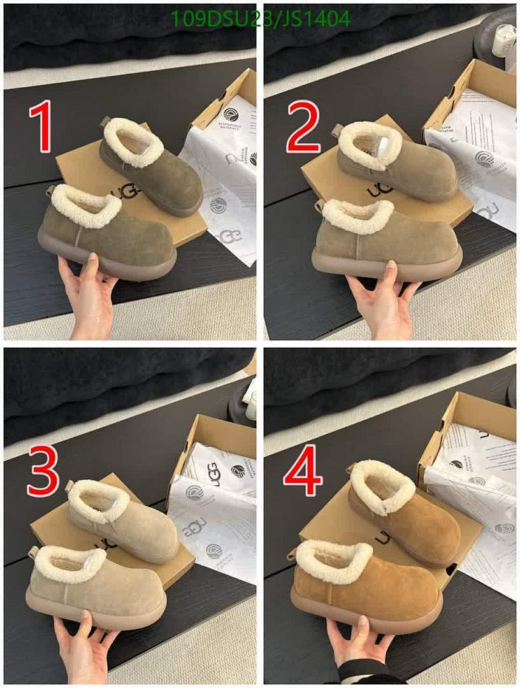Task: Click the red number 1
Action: [x=43, y=129]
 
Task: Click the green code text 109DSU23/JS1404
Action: [x=260, y=19]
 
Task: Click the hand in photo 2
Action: [x=382, y=296]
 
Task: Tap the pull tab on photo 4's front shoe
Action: [x=292, y=552]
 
